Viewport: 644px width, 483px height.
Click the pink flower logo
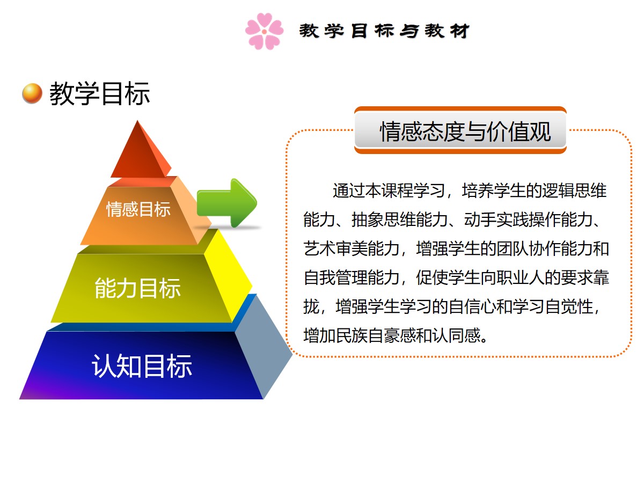click(264, 31)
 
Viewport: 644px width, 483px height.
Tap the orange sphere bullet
click(32, 93)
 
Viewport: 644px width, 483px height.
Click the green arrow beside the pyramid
click(226, 203)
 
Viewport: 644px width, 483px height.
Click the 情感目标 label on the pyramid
click(138, 209)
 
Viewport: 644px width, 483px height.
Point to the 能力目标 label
click(137, 288)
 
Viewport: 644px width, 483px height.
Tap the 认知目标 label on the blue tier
click(142, 365)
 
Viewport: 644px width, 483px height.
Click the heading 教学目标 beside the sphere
click(99, 93)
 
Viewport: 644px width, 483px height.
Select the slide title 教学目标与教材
click(384, 31)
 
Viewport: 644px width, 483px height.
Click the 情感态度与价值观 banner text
click(465, 131)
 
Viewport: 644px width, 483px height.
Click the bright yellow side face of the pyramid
click(228, 273)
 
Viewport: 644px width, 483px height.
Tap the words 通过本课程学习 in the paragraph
click(389, 191)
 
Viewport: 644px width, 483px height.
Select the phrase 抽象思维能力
click(400, 219)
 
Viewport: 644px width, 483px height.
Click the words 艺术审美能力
click(352, 248)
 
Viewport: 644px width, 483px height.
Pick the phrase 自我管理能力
click(352, 277)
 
